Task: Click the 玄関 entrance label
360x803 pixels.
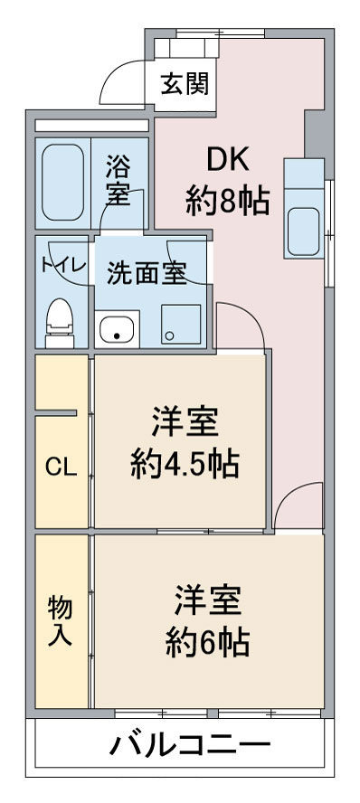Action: pyautogui.click(x=185, y=84)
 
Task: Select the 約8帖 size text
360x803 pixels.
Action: pyautogui.click(x=227, y=202)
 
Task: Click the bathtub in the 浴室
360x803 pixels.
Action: pyautogui.click(x=63, y=182)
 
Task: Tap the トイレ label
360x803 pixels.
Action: pyautogui.click(x=63, y=265)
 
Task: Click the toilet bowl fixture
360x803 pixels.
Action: pyautogui.click(x=60, y=323)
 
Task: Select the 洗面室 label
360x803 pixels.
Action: pyautogui.click(x=147, y=273)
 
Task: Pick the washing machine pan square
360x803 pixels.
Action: pyautogui.click(x=181, y=324)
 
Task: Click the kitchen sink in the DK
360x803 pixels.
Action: pyautogui.click(x=304, y=231)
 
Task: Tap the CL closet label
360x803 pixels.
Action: pyautogui.click(x=61, y=467)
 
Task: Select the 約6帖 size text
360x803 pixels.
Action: pyautogui.click(x=207, y=643)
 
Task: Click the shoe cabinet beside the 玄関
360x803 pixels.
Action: pyautogui.click(x=186, y=47)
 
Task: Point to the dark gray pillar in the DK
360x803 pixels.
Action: pyautogui.click(x=315, y=133)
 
